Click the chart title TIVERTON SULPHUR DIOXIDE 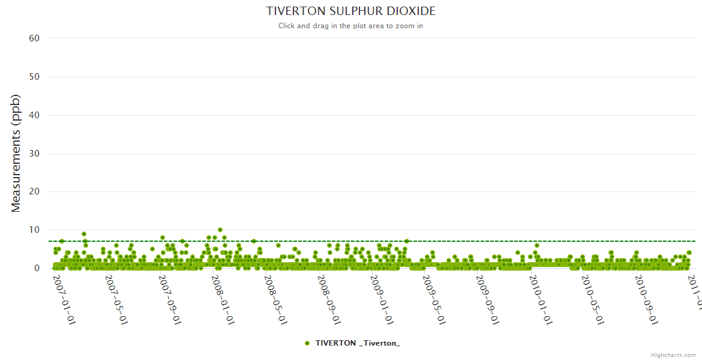[x=351, y=11]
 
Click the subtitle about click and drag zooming [x=351, y=26]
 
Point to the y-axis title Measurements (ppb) [x=16, y=153]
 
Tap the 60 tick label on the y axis [x=34, y=38]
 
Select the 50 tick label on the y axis [x=34, y=77]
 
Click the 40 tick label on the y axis [x=34, y=115]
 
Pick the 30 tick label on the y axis [x=34, y=154]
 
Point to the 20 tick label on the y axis [x=34, y=192]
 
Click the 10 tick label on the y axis [x=34, y=230]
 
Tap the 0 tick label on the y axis [x=37, y=269]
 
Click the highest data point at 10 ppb [x=220, y=230]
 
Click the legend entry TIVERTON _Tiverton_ [x=352, y=343]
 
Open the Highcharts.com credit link [x=673, y=355]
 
